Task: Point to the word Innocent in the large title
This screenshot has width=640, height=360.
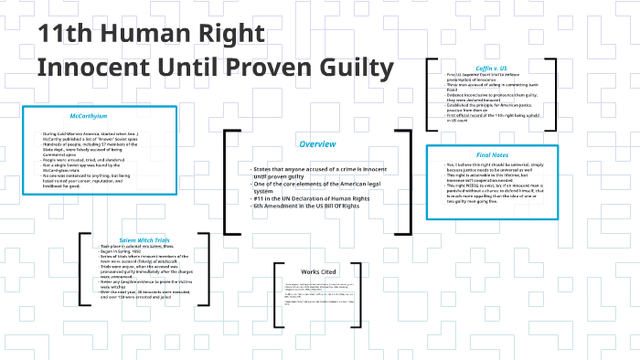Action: pos(94,69)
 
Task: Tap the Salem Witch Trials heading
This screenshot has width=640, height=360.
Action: pos(144,239)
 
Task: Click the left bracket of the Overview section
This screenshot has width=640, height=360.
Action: pos(227,183)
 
